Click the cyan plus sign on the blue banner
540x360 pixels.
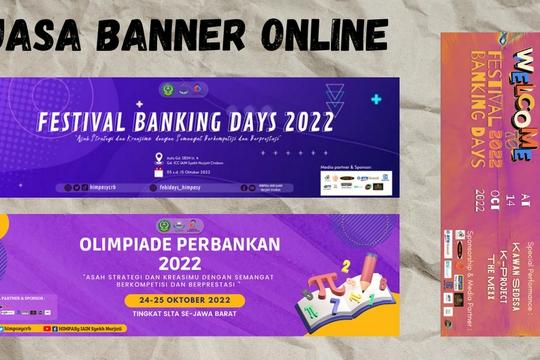(375, 99)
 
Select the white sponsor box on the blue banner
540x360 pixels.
(357, 182)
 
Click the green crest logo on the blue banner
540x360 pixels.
(167, 89)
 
